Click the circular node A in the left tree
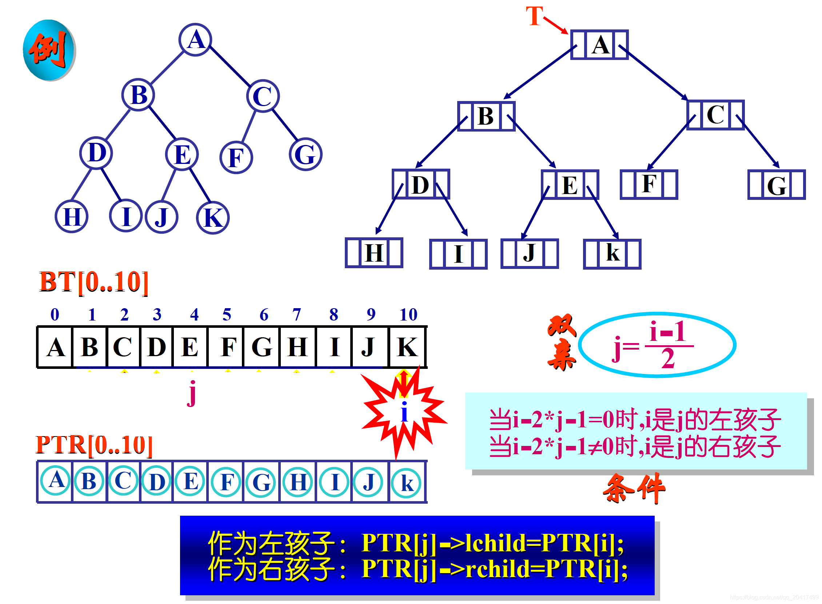click(x=195, y=40)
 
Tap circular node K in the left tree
click(x=212, y=218)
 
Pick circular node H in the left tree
click(x=72, y=217)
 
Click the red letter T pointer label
click(x=534, y=16)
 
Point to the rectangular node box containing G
click(x=776, y=185)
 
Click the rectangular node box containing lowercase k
click(x=612, y=254)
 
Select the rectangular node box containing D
click(x=420, y=184)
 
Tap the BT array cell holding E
click(x=190, y=347)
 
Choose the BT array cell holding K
click(x=407, y=347)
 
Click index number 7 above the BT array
click(x=296, y=314)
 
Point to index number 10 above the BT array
click(x=408, y=314)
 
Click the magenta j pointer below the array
click(x=192, y=393)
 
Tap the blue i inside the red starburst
click(x=404, y=412)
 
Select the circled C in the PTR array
click(x=123, y=481)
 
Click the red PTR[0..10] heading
click(x=94, y=445)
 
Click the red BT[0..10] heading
click(x=93, y=282)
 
